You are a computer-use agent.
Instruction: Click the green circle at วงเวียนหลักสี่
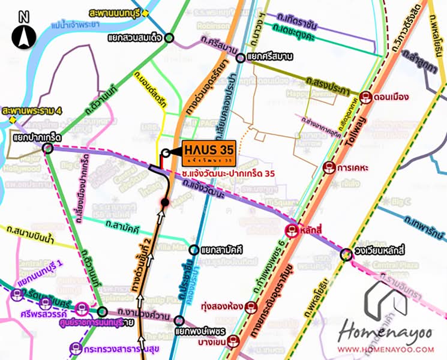pyautogui.click(x=346, y=255)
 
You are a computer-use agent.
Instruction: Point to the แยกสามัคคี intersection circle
pyautogui.click(x=193, y=250)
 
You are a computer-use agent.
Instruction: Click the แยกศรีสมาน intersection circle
pyautogui.click(x=240, y=58)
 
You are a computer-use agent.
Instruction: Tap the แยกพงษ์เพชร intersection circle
pyautogui.click(x=178, y=319)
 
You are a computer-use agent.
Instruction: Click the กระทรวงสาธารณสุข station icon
pyautogui.click(x=74, y=346)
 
